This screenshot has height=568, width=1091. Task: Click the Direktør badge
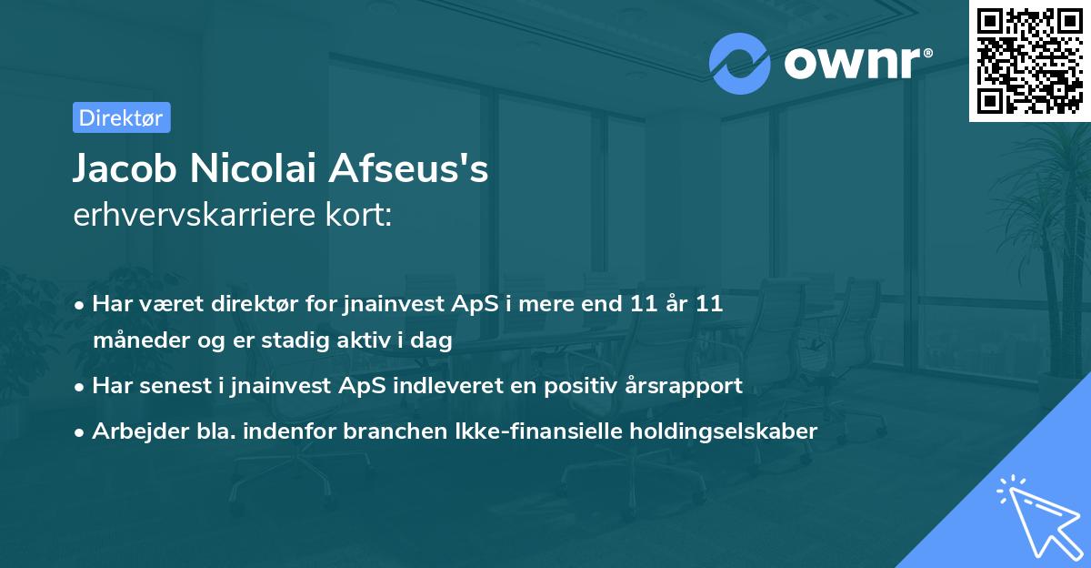tap(121, 117)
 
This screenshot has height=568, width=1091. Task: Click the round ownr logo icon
tap(739, 63)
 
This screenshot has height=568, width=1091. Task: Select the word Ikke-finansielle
tap(465, 431)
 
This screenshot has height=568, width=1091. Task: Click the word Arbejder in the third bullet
tap(133, 431)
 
